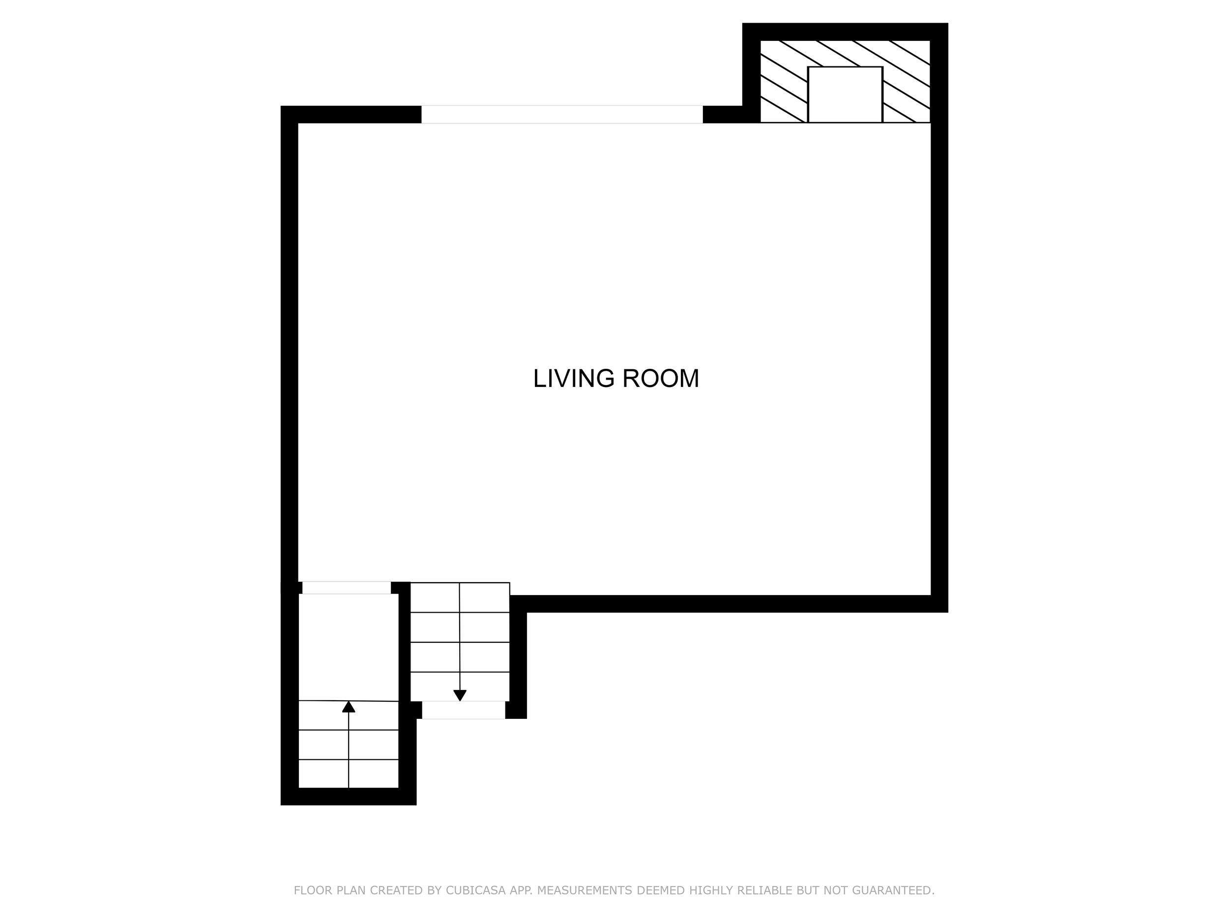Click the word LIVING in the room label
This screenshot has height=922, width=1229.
pyautogui.click(x=573, y=379)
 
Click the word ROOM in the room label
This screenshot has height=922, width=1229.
pyautogui.click(x=660, y=379)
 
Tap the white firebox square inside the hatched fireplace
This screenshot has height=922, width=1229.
pyautogui.click(x=845, y=94)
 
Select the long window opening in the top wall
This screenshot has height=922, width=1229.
pyautogui.click(x=562, y=115)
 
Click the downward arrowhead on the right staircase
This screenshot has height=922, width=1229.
pyautogui.click(x=460, y=695)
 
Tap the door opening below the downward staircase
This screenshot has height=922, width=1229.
pyautogui.click(x=464, y=710)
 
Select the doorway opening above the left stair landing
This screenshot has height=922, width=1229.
pyautogui.click(x=346, y=588)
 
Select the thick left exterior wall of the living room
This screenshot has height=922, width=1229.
pyautogui.click(x=290, y=345)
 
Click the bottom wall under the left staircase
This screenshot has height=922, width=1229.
pyautogui.click(x=349, y=797)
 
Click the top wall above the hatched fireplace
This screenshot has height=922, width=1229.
pyautogui.click(x=845, y=31)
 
